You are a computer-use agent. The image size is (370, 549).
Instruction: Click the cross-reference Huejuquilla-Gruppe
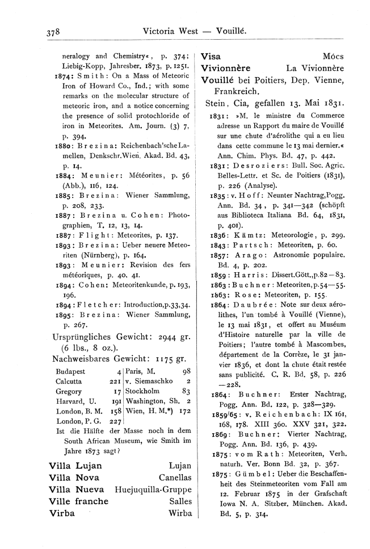[x=153, y=489]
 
